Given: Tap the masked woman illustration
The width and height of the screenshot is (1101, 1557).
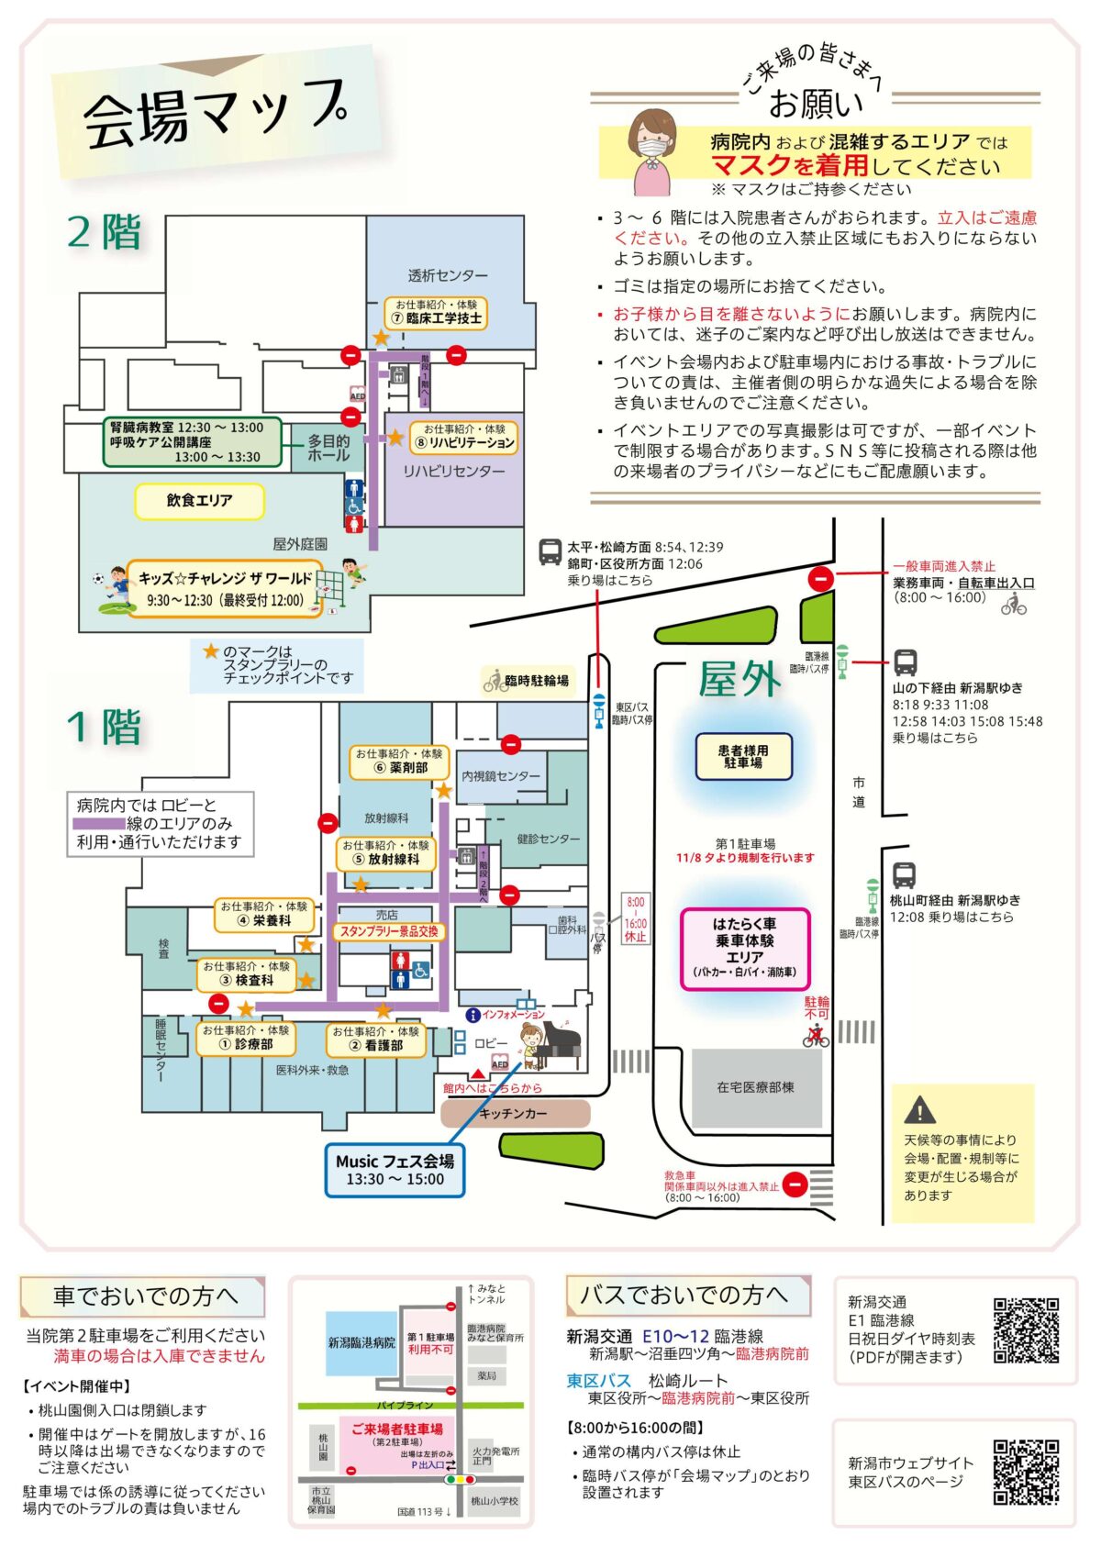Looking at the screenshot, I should pos(653,150).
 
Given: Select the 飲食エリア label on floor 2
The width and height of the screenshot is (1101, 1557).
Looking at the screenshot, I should pos(199,501).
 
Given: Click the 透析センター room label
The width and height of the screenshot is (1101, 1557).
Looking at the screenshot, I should pos(448,275).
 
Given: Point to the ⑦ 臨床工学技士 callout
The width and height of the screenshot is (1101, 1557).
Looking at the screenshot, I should pos(436,313).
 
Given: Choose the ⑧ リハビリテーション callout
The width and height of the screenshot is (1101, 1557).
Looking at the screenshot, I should pos(464,437).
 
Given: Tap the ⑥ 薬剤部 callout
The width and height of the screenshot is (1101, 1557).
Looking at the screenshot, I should pos(399,762).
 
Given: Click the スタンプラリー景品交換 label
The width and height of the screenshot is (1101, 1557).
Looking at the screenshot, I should pos(389,931).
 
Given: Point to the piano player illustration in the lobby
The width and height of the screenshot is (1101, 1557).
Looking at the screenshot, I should pos(549,1046).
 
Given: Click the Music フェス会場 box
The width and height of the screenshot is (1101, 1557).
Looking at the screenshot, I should pos(395,1170).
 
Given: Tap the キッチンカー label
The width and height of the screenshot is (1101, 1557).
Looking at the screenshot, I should pos(514,1114).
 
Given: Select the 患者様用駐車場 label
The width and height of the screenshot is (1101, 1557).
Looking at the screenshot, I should pos(743,757).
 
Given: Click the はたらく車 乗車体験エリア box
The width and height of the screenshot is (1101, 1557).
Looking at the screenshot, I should pos(744,949).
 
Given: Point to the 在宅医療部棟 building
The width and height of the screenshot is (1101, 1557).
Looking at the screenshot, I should pos(756,1088).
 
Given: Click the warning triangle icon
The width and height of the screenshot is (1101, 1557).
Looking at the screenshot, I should pos(919,1110).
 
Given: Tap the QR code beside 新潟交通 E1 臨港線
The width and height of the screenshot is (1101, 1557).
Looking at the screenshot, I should pos(1026,1329).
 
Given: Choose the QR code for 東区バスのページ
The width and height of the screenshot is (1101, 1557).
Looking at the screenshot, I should pos(1026,1473).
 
